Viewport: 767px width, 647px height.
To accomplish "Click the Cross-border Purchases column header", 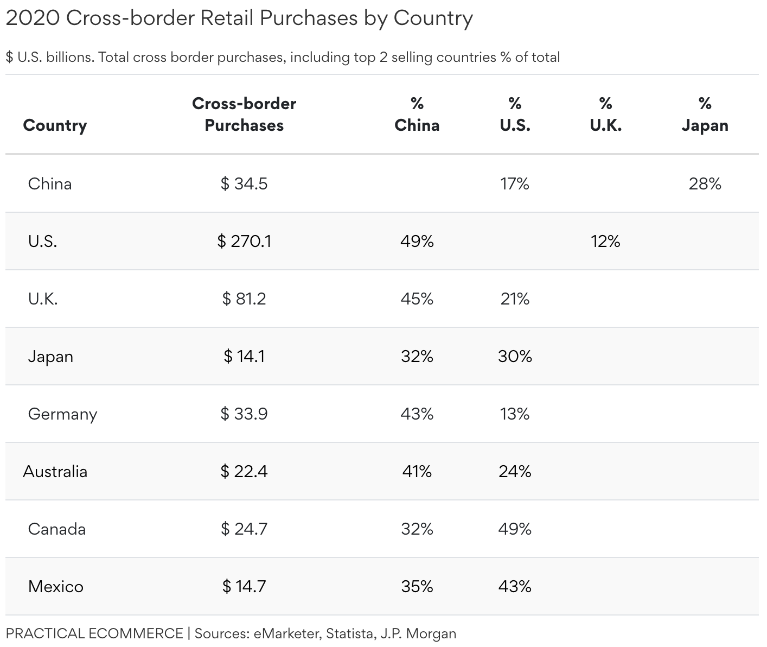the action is (x=244, y=115).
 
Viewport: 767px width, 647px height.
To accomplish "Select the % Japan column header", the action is (x=705, y=115).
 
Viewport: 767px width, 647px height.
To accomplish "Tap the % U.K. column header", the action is (x=606, y=115).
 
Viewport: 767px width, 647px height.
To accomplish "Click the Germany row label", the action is (x=62, y=414).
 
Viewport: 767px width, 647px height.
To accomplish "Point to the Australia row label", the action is (x=55, y=471).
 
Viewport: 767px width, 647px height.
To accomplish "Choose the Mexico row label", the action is (x=56, y=586).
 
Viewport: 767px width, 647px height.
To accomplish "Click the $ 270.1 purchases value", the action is (x=244, y=241).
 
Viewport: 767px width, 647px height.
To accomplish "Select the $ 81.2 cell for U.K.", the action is (x=244, y=299).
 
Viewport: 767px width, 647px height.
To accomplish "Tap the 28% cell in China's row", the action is (x=705, y=184).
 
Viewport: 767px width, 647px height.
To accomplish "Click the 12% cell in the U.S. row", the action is (x=605, y=241).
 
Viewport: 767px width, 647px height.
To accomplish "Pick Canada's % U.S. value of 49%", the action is (x=515, y=529).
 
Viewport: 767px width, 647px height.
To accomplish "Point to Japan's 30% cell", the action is (x=515, y=356).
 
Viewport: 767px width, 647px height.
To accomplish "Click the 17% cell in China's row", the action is (x=515, y=184).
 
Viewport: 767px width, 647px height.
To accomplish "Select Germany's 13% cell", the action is (x=515, y=414).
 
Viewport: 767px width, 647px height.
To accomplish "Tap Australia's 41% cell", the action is (x=417, y=471).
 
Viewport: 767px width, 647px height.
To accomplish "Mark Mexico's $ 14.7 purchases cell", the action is (x=244, y=586).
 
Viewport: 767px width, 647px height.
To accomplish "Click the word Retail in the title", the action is (x=227, y=18).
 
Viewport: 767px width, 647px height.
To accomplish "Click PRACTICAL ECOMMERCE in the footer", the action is (x=94, y=633).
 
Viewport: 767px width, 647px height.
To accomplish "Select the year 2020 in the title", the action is (x=33, y=18).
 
